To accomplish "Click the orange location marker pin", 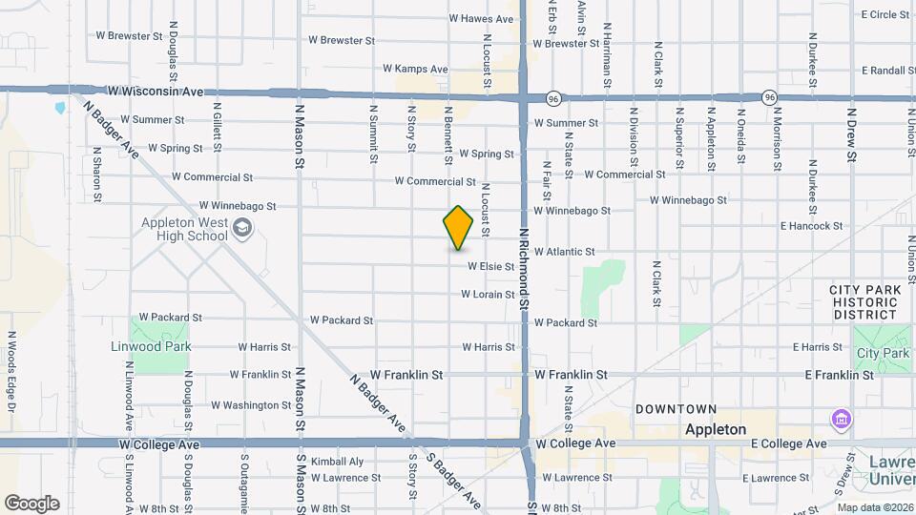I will point(459,227).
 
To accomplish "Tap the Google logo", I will point(31,504).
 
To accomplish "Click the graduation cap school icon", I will point(242,227).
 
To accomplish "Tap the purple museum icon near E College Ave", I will point(840,420).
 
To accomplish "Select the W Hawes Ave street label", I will point(482,18).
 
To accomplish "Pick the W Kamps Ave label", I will point(415,69).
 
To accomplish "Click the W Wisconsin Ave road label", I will point(156,92).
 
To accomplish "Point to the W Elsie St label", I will point(490,267).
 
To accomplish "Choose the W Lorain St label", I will point(488,295).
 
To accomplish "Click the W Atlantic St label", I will point(564,252).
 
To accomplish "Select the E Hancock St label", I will point(811,226).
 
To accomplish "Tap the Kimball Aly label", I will point(338,462).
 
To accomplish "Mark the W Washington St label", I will point(251,405).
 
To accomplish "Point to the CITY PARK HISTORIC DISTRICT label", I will point(864,301).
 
